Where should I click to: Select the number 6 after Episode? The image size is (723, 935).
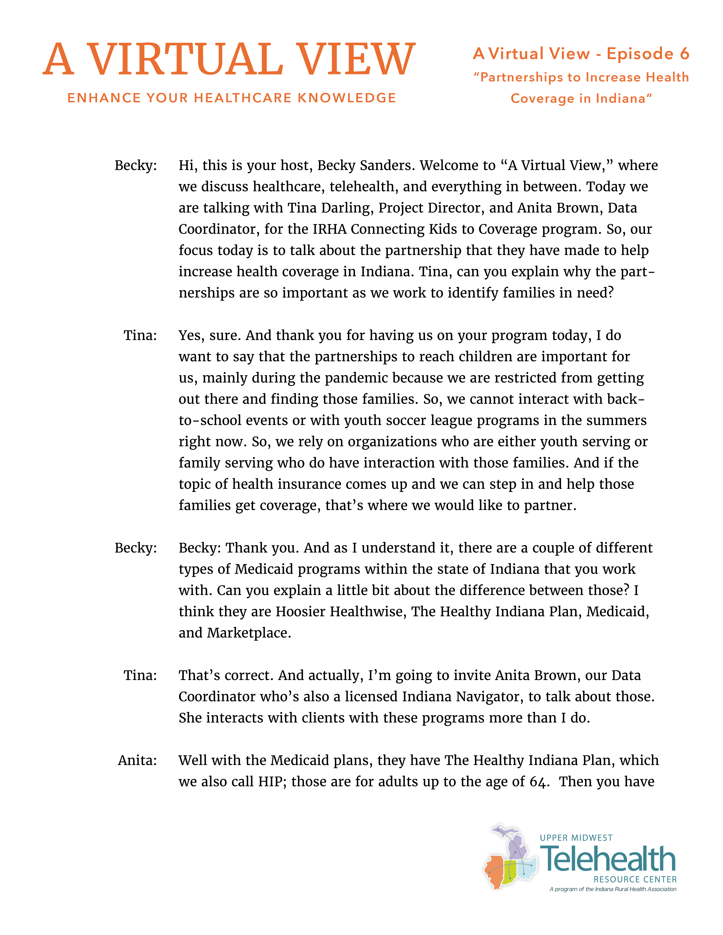[x=684, y=54]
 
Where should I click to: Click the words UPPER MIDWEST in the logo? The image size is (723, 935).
[x=576, y=838]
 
